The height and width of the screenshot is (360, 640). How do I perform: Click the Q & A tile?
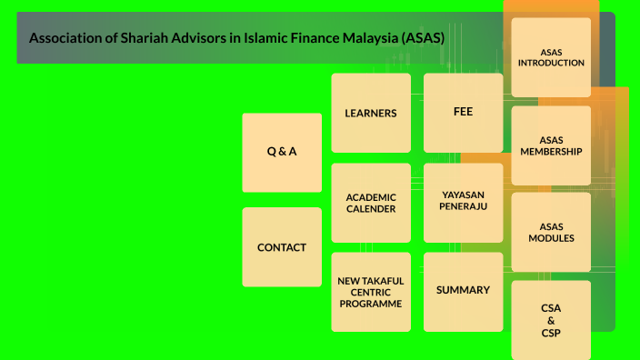click(282, 152)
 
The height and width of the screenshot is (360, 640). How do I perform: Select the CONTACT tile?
click(282, 246)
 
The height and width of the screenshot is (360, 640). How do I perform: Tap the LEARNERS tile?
click(371, 113)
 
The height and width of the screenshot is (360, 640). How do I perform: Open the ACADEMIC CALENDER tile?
click(371, 202)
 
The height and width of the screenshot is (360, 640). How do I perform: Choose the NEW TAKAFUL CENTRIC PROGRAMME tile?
click(371, 292)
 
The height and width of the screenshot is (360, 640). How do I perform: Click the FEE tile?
click(463, 112)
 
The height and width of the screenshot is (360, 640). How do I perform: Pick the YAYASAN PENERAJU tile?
click(463, 201)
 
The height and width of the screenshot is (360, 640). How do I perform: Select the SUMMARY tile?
click(463, 290)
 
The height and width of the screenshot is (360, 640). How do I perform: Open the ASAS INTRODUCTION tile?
click(550, 56)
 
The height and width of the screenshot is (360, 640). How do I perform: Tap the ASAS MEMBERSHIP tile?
click(551, 145)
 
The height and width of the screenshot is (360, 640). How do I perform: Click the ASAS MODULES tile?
click(551, 232)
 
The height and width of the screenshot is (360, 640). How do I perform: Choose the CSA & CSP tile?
click(551, 320)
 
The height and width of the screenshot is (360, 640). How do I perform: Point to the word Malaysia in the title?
click(349, 38)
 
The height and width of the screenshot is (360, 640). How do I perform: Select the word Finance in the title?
click(292, 38)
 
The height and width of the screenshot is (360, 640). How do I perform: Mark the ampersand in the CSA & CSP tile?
click(551, 320)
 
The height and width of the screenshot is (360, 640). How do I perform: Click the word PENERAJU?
click(464, 207)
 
